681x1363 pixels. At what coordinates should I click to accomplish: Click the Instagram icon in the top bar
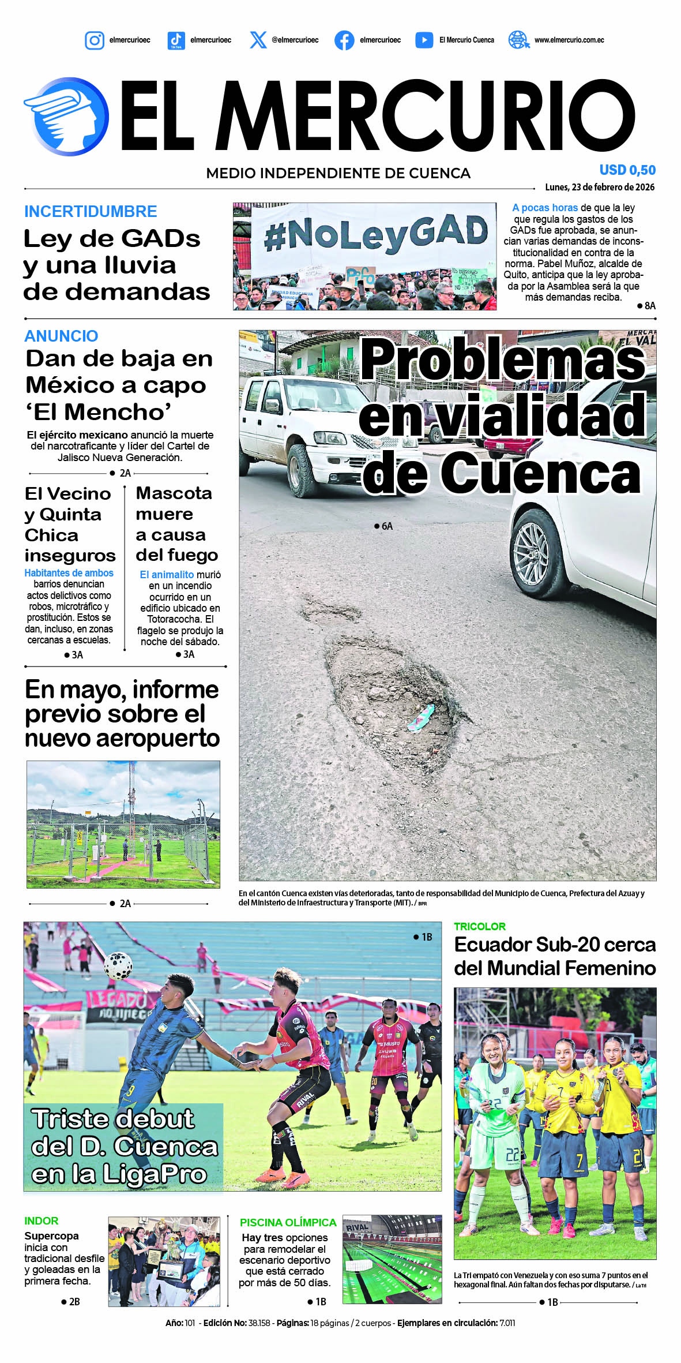(95, 40)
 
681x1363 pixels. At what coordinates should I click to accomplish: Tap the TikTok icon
(176, 40)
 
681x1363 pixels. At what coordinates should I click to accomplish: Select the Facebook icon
(344, 40)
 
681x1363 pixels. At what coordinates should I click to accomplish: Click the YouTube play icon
(424, 40)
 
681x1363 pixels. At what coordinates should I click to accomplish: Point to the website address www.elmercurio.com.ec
(569, 40)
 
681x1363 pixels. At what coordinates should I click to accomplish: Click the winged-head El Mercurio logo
(67, 117)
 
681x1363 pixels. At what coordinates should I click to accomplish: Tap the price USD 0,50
(627, 170)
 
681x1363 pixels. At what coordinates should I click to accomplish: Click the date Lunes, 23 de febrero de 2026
(599, 187)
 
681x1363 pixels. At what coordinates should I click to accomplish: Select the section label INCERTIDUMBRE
(91, 211)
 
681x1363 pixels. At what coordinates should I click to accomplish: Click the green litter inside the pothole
(420, 717)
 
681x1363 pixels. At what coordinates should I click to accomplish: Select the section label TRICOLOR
(479, 926)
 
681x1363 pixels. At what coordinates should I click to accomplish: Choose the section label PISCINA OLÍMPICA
(288, 1222)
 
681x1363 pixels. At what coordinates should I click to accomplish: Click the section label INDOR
(41, 1220)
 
